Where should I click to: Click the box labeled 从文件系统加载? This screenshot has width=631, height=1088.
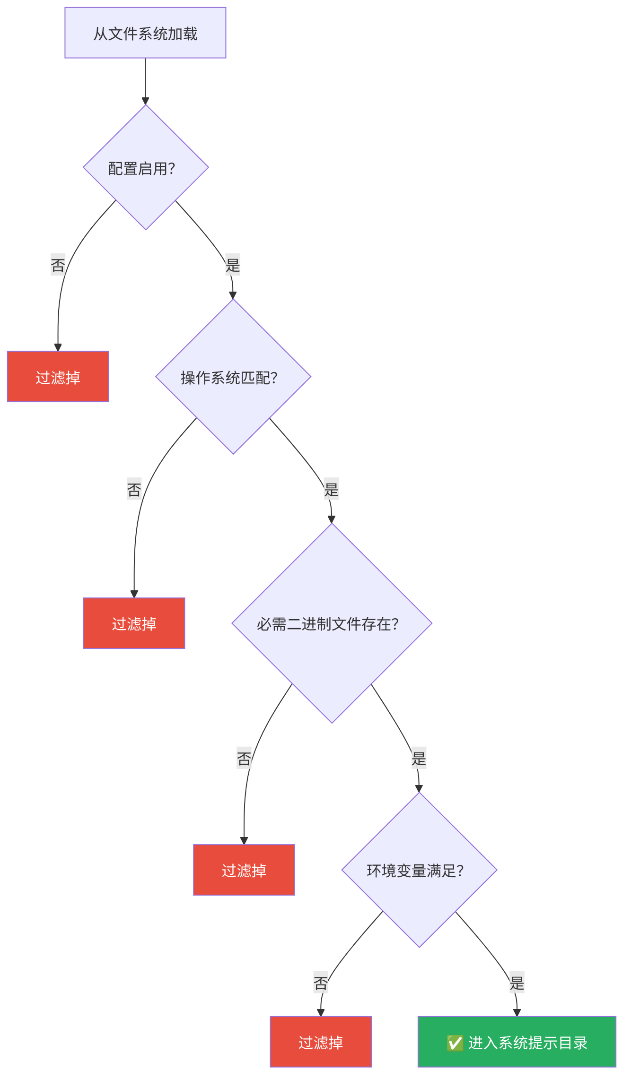click(145, 33)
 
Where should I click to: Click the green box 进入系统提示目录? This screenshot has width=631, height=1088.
click(527, 1042)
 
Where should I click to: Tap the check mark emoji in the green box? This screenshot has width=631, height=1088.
click(455, 1043)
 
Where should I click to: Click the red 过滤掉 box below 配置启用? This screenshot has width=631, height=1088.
click(58, 377)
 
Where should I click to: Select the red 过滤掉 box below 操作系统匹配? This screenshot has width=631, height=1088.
click(134, 623)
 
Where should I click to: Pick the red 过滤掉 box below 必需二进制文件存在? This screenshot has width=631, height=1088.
click(244, 870)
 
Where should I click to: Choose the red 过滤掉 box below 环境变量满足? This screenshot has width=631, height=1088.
click(320, 1042)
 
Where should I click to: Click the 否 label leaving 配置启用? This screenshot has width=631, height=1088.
click(58, 265)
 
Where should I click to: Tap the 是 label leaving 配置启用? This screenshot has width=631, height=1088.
click(233, 265)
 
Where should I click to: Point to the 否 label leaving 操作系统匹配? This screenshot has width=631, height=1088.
click(134, 489)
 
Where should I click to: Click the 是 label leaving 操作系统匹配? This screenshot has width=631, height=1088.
click(331, 489)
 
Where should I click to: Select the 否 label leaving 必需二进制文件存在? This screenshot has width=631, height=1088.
click(244, 758)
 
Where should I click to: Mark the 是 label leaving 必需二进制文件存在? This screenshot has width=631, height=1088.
click(419, 758)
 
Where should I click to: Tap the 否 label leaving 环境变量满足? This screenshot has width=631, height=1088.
click(320, 983)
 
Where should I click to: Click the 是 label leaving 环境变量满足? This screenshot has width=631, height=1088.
click(517, 983)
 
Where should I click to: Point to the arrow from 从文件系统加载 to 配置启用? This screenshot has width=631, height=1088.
click(145, 80)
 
